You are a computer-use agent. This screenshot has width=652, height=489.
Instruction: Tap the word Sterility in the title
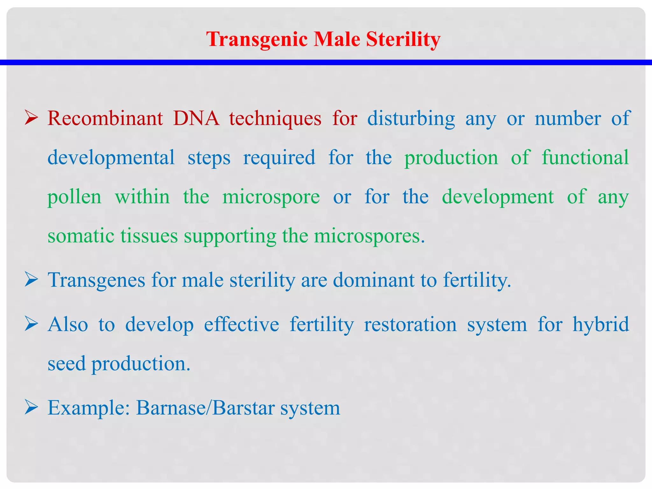click(x=403, y=39)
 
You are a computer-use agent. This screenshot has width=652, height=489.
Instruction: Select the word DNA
click(x=196, y=118)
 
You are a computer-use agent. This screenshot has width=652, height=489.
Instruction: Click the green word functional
click(x=585, y=158)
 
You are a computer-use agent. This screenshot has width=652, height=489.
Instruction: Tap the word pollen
click(x=74, y=197)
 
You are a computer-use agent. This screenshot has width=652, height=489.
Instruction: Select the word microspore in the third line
click(x=271, y=197)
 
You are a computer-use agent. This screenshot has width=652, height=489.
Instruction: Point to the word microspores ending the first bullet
click(x=369, y=237)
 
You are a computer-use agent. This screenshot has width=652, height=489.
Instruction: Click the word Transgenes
click(x=96, y=280)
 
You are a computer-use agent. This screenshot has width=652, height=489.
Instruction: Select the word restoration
click(x=410, y=325)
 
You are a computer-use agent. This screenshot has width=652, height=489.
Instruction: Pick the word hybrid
click(x=600, y=325)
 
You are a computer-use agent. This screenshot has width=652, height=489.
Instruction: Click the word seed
click(x=67, y=364)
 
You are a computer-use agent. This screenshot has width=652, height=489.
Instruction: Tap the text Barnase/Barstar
click(x=205, y=408)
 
